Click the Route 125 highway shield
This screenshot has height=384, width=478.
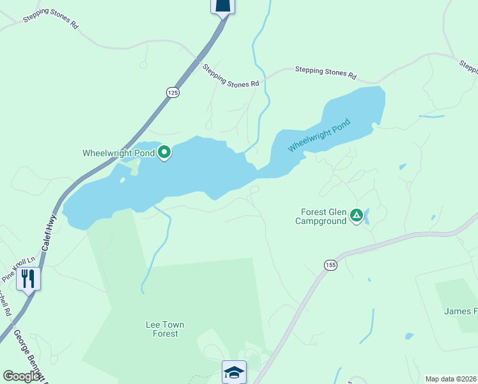[x=173, y=93]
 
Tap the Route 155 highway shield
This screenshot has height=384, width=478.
[x=330, y=265]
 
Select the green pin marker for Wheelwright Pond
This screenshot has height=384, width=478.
[x=164, y=152]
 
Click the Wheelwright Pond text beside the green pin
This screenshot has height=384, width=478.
[x=119, y=153]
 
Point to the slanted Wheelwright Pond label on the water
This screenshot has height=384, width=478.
[x=320, y=135]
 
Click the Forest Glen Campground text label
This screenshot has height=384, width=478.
[x=323, y=217]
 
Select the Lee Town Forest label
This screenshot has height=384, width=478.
[x=165, y=329]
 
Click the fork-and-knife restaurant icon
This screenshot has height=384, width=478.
[x=27, y=278]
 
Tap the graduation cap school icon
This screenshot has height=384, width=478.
[x=234, y=372]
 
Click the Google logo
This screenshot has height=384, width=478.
[x=22, y=376]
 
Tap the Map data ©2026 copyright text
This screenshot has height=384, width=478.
[x=451, y=379]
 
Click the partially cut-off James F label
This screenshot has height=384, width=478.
[x=460, y=312]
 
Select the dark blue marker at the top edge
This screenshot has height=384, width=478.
[x=222, y=6]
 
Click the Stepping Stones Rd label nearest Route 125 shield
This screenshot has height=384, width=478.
[x=231, y=75]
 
